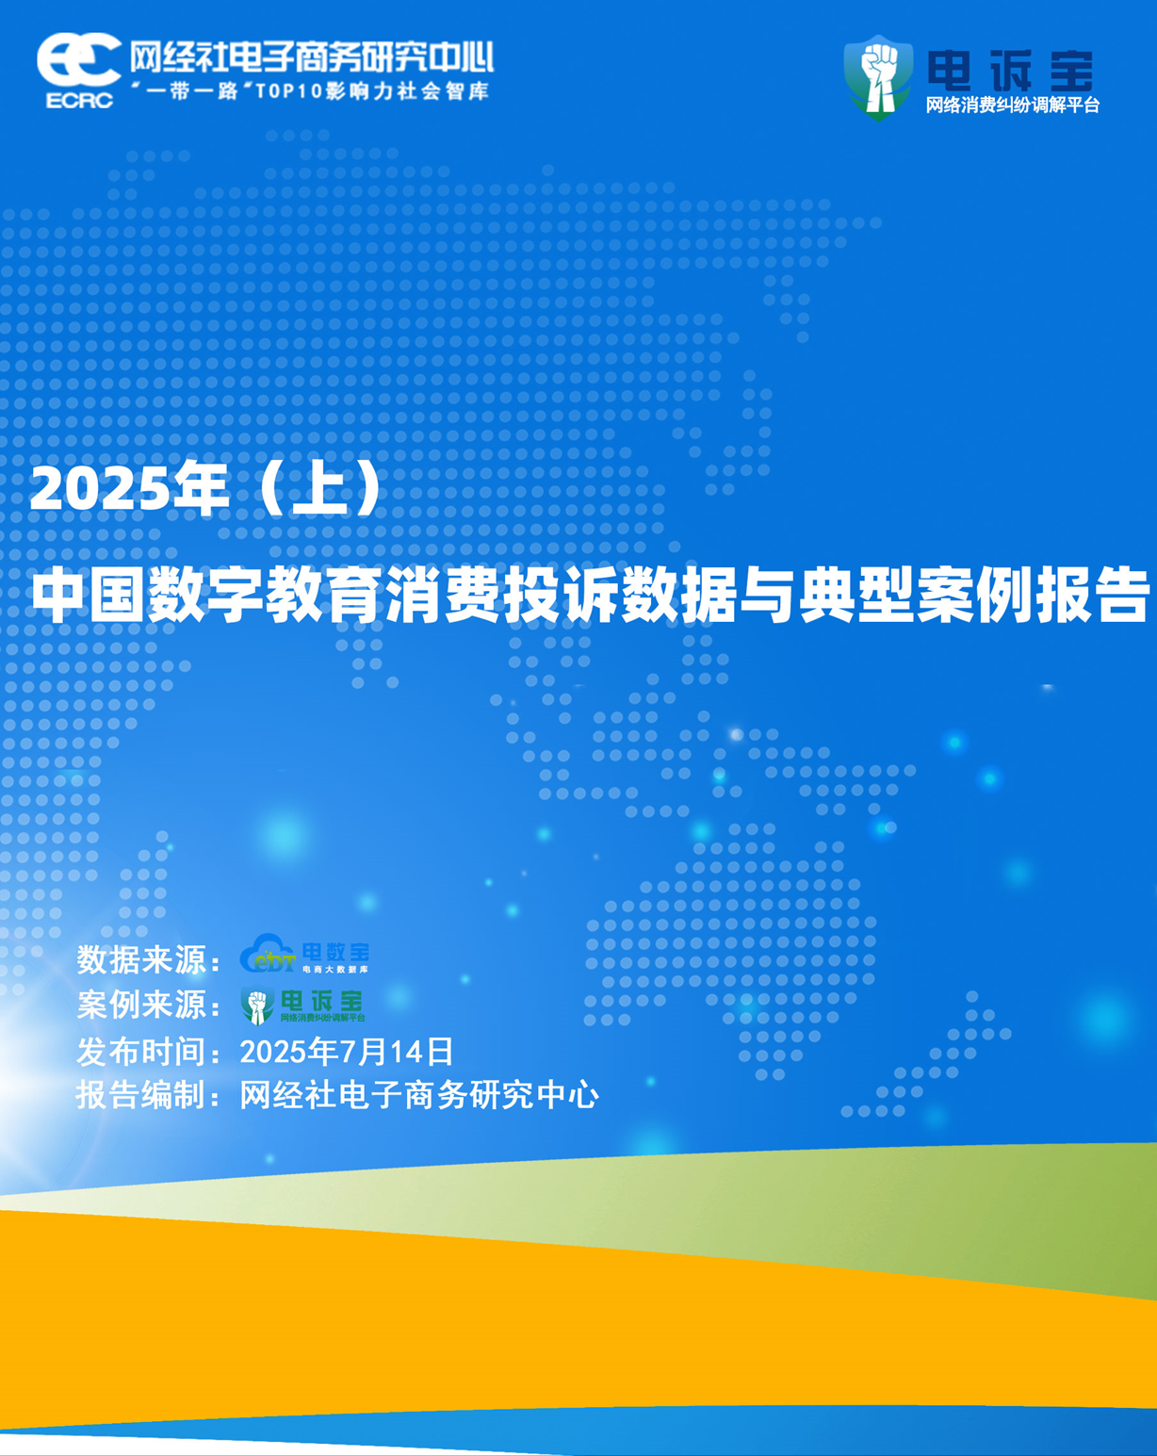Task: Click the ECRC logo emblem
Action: point(78,71)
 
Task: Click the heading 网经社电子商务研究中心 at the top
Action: point(312,57)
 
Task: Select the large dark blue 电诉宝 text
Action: point(1010,71)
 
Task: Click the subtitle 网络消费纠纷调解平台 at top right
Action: point(1012,105)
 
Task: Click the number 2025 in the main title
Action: point(99,489)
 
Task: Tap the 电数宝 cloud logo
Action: point(304,954)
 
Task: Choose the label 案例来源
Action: point(140,1005)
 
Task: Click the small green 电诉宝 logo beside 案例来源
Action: point(302,1005)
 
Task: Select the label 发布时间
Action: point(140,1052)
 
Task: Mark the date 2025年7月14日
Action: point(347,1052)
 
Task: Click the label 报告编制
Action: point(140,1095)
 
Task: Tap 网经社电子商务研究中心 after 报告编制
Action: point(419,1095)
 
